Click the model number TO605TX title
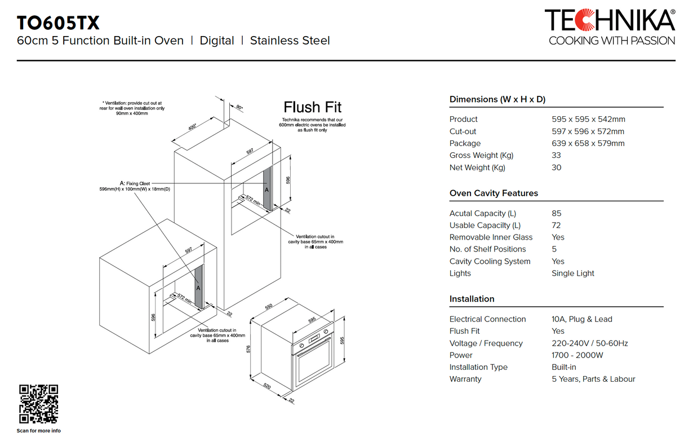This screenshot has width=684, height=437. tap(59, 23)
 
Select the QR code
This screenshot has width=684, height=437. tap(39, 404)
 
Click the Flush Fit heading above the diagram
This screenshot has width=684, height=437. tap(312, 107)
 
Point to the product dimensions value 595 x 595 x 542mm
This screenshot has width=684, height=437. tap(588, 119)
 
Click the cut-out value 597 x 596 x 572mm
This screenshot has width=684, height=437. tap(588, 131)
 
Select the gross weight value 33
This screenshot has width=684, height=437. tap(556, 155)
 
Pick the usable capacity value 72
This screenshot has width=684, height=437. tap(556, 225)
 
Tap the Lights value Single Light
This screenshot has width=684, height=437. tap(572, 273)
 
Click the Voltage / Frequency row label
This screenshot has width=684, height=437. tap(486, 343)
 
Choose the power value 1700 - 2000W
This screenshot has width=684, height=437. tap(577, 355)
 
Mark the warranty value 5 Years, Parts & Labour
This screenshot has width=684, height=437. tap(593, 379)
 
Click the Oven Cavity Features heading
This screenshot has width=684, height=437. tap(494, 193)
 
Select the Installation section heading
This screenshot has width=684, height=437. tap(472, 299)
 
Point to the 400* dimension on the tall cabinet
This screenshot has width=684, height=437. tap(193, 127)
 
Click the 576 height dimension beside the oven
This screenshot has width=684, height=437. tap(249, 350)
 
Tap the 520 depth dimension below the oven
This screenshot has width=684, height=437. tap(267, 386)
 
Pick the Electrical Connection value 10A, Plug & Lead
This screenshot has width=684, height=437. tap(581, 319)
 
